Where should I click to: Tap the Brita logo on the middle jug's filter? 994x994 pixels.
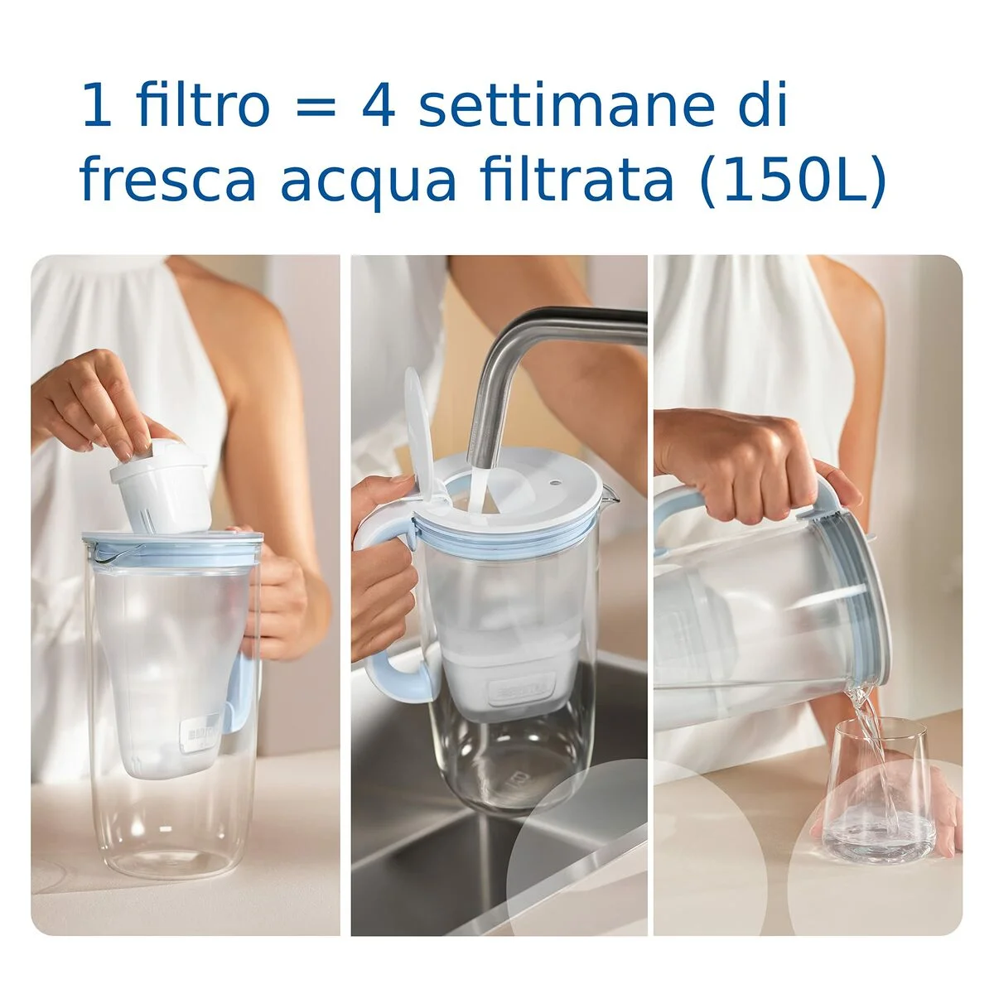[514, 689]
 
